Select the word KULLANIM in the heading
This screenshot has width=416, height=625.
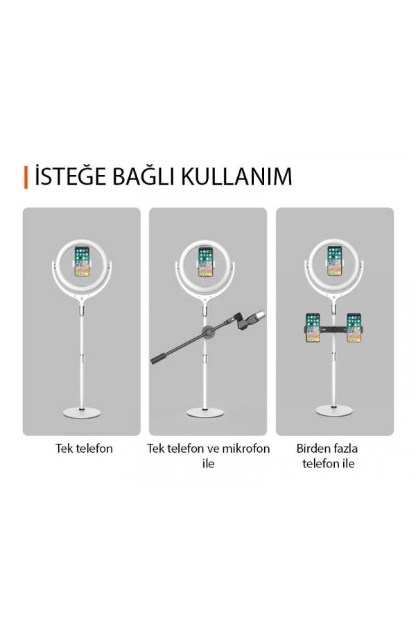point(236,176)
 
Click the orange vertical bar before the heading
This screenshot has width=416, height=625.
point(26,176)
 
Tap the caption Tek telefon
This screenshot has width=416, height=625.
point(84,449)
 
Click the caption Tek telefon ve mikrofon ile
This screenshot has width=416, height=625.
point(208,456)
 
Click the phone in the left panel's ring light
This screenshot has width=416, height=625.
point(82,262)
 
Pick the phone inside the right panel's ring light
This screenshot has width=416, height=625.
point(335,259)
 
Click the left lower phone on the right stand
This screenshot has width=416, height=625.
point(313,328)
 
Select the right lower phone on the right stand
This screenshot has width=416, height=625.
point(354,328)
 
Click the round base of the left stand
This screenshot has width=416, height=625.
point(82,414)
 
